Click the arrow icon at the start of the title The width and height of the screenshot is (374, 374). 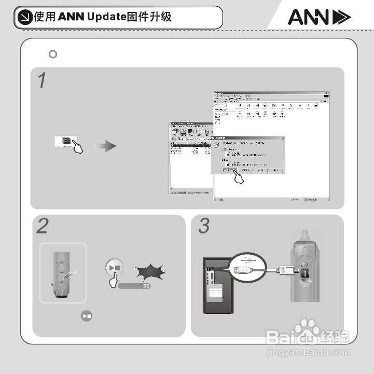pos(24,17)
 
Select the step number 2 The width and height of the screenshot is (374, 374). pos(43,227)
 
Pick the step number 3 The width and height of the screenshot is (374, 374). pos(204,227)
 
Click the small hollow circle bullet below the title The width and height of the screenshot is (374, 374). pos(52,54)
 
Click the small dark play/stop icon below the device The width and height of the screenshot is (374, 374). pos(87,315)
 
